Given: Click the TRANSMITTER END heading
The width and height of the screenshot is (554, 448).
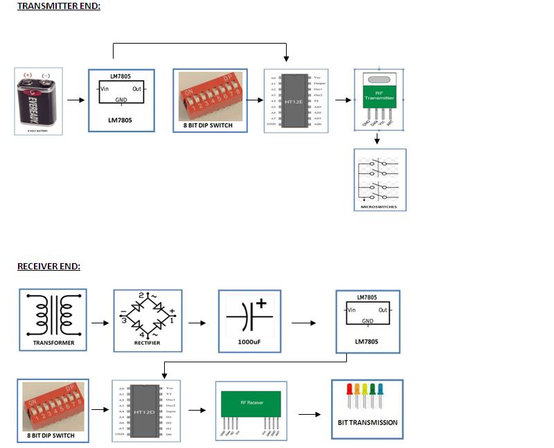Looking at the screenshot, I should coord(59,6).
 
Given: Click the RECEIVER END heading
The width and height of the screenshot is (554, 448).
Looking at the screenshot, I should coord(48,267).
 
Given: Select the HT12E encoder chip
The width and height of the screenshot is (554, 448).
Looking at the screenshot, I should coord(296,101).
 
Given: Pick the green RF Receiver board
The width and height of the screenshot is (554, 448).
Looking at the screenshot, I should coord(251,403).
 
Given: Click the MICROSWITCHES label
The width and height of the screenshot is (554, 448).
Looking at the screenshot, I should coord(379,206).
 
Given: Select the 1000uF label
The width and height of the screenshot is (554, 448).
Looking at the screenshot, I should coord(250,342).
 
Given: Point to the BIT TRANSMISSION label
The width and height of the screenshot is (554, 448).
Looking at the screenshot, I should coord(367,422).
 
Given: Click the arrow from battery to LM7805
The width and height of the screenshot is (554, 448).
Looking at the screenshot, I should coord(75,100).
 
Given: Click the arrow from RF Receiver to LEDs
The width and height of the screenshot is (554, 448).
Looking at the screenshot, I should coord(310,415).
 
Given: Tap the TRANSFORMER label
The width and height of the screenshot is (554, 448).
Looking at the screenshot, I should coord(53,343).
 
